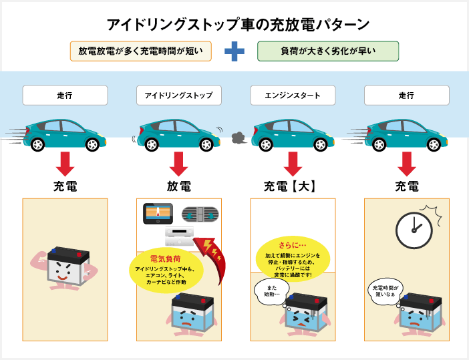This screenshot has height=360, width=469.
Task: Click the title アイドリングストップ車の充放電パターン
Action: pos(238,25)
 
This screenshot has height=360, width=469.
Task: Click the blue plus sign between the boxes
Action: pos(234,51)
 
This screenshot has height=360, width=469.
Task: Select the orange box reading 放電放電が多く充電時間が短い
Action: pos(140,51)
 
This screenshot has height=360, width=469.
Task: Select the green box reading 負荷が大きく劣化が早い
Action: pos(328,51)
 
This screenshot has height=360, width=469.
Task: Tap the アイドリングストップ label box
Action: pos(178,96)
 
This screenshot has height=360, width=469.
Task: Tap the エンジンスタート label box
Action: pos(293,96)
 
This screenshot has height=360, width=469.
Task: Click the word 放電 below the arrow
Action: pos(178,186)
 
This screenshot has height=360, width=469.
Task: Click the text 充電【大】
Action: pos(289,186)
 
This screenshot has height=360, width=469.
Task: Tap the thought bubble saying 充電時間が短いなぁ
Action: pos(387,291)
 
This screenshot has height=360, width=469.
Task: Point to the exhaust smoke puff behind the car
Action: pos(237,138)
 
